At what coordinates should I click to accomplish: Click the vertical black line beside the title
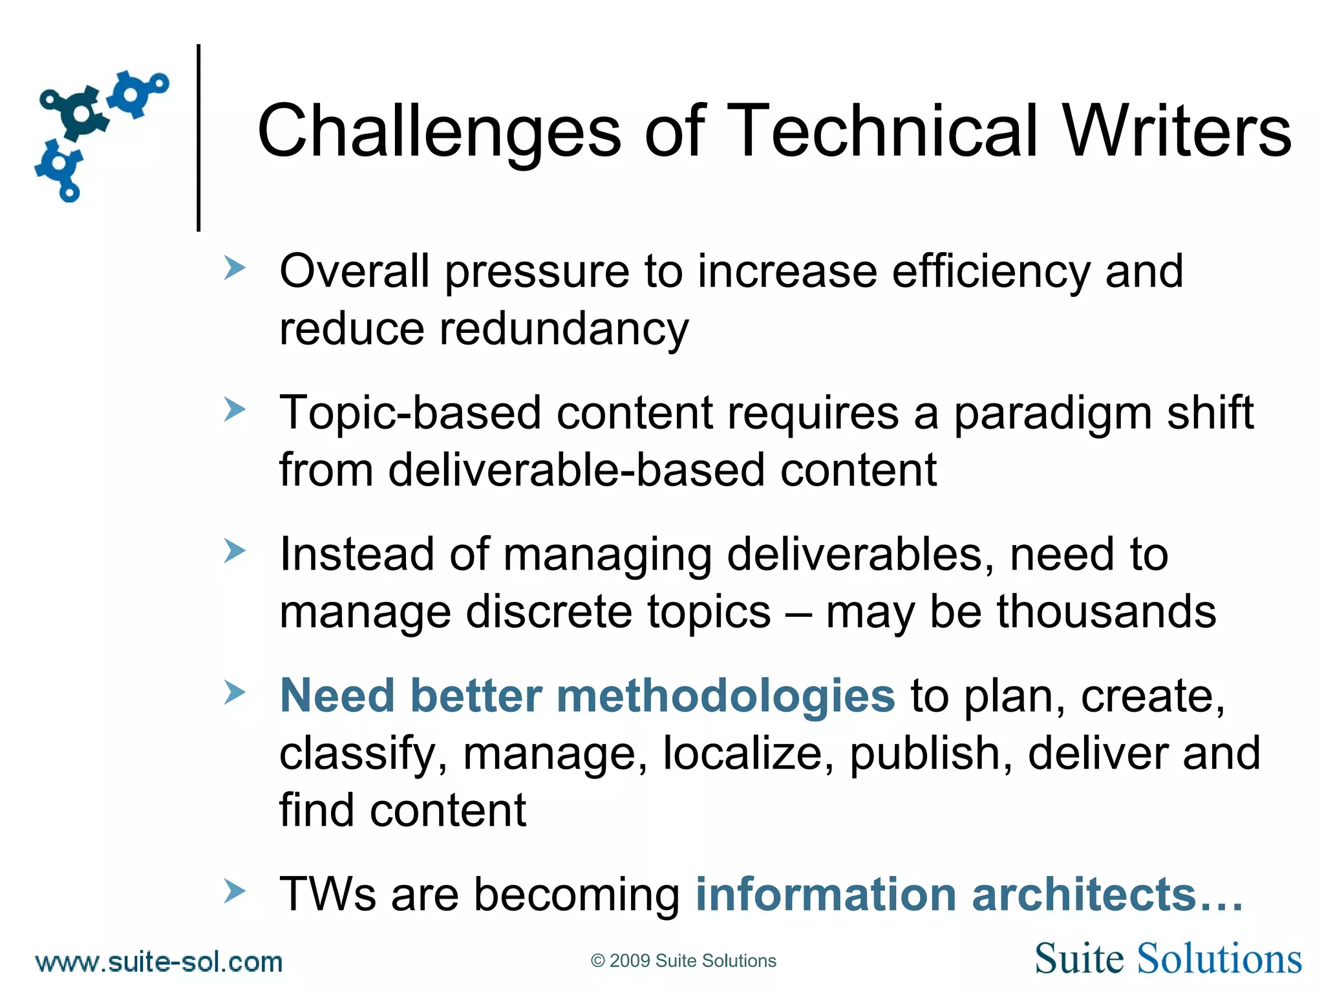[x=198, y=137]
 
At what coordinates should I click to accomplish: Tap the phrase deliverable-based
[x=577, y=470]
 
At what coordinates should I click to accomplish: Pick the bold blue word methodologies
[x=725, y=696]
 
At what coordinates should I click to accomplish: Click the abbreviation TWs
[x=327, y=895]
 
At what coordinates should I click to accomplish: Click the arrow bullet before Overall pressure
[x=234, y=268]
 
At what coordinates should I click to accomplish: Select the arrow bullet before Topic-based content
[x=234, y=409]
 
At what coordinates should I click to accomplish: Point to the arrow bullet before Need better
[x=234, y=692]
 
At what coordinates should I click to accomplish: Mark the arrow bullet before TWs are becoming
[x=234, y=891]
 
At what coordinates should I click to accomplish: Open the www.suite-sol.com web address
[x=159, y=962]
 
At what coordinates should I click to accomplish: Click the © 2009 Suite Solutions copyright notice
[x=683, y=961]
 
